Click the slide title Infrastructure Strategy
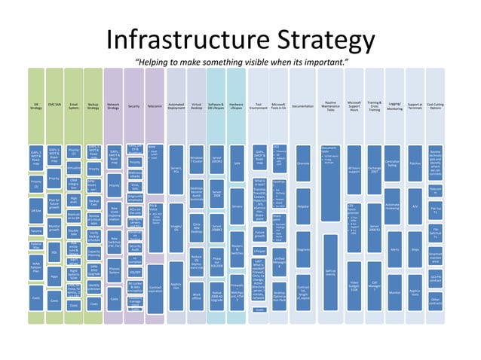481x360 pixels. pyautogui.click(x=240, y=41)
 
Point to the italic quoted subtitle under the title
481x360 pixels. pyautogui.click(x=240, y=61)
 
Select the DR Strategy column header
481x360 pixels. pyautogui.click(x=35, y=107)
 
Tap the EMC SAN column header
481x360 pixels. pyautogui.click(x=54, y=107)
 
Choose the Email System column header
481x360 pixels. pyautogui.click(x=74, y=107)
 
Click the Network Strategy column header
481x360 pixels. pyautogui.click(x=114, y=107)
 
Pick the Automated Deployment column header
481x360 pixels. pyautogui.click(x=176, y=107)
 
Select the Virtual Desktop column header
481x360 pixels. pyautogui.click(x=196, y=107)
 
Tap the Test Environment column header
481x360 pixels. pyautogui.click(x=259, y=107)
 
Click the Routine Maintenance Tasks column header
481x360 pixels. pyautogui.click(x=330, y=107)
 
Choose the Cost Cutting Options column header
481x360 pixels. pyautogui.click(x=435, y=107)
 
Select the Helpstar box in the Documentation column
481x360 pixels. pyautogui.click(x=304, y=206)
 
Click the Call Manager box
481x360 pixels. pyautogui.click(x=375, y=285)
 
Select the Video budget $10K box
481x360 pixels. pyautogui.click(x=354, y=285)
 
